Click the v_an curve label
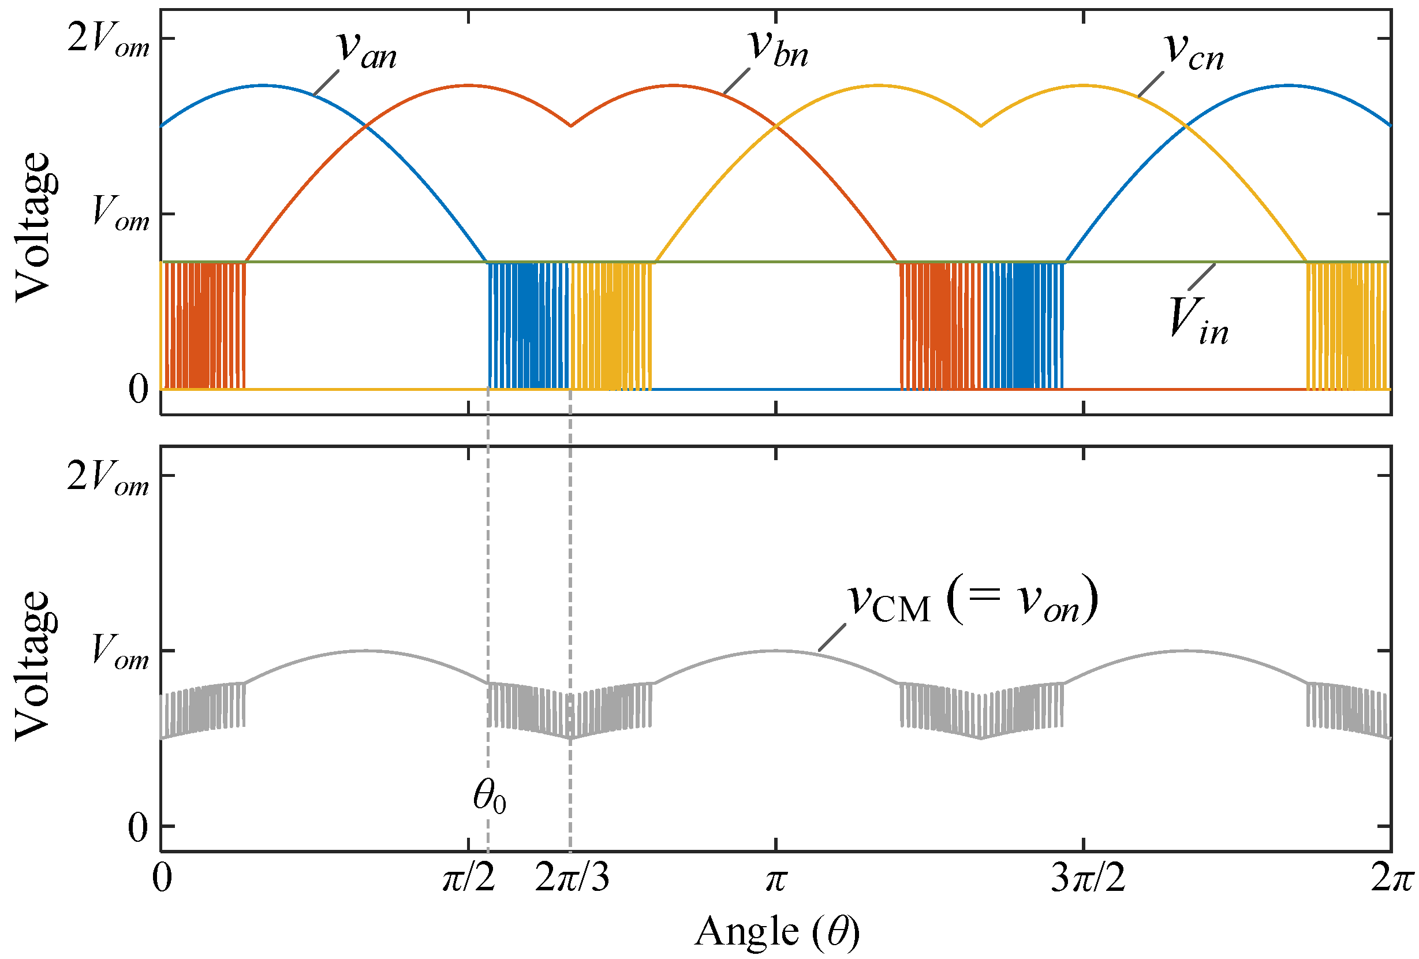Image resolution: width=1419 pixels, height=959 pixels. click(x=367, y=50)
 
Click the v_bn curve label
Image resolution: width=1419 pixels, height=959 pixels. click(x=779, y=48)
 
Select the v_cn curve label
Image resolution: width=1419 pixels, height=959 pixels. click(x=1194, y=51)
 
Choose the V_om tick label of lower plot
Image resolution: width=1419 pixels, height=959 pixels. click(x=120, y=652)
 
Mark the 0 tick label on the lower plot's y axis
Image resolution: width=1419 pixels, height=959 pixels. click(x=138, y=829)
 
